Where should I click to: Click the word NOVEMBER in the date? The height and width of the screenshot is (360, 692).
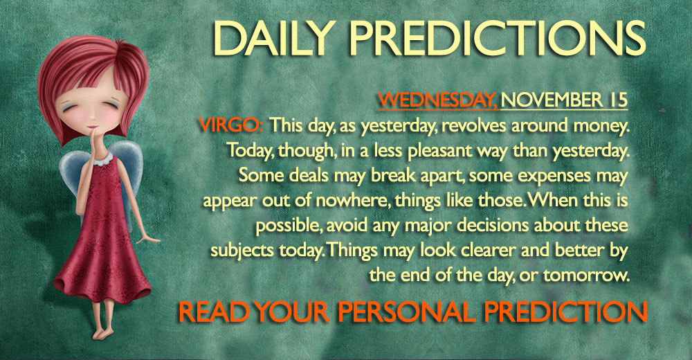pos(552,100)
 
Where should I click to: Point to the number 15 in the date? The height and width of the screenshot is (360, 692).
pos(617,100)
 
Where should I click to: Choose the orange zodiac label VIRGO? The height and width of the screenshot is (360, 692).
pos(231,125)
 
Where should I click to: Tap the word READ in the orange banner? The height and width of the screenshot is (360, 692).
pos(213,312)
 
